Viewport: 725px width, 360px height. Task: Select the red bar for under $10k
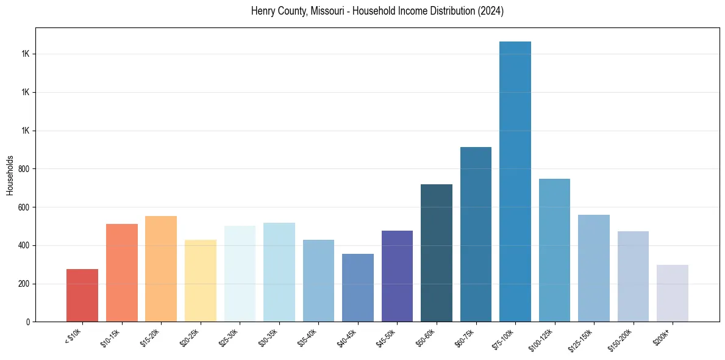[82, 295]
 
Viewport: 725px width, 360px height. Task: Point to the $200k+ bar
[673, 293]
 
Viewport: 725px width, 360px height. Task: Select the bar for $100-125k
[554, 250]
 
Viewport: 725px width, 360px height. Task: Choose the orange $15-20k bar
[161, 269]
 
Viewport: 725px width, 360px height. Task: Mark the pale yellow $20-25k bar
[201, 281]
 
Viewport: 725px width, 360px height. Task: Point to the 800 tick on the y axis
[24, 169]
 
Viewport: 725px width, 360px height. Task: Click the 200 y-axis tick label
[24, 284]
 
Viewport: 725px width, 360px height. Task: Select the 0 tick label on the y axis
[28, 322]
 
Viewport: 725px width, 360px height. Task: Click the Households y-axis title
[10, 175]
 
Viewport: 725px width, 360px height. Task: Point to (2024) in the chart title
[491, 11]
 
